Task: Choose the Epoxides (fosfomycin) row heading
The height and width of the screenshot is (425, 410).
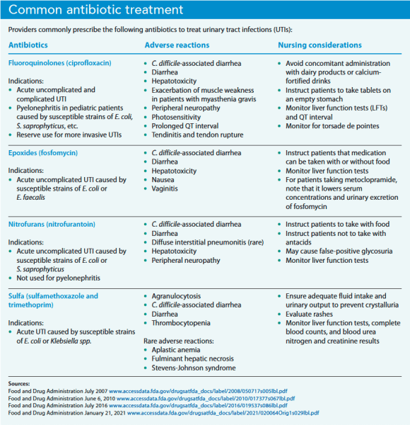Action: tap(43, 152)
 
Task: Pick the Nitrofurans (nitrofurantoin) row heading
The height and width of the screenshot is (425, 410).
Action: tap(52, 224)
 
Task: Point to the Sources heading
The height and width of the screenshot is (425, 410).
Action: tap(19, 382)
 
